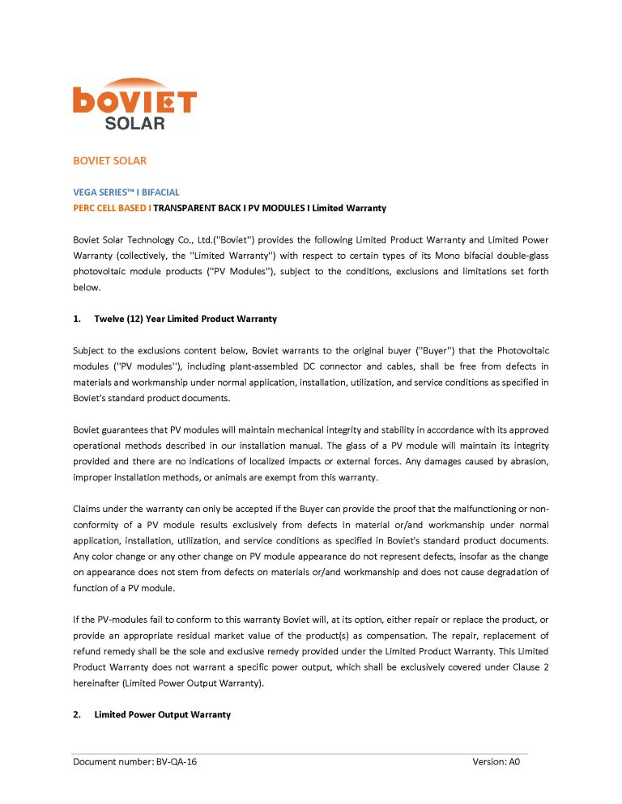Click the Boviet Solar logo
(134, 104)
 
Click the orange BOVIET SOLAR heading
(109, 161)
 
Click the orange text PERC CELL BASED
(110, 208)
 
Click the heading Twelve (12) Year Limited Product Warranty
(185, 319)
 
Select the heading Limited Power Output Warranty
(162, 714)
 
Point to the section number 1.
(76, 319)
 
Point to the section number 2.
(76, 714)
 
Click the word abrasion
(527, 461)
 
